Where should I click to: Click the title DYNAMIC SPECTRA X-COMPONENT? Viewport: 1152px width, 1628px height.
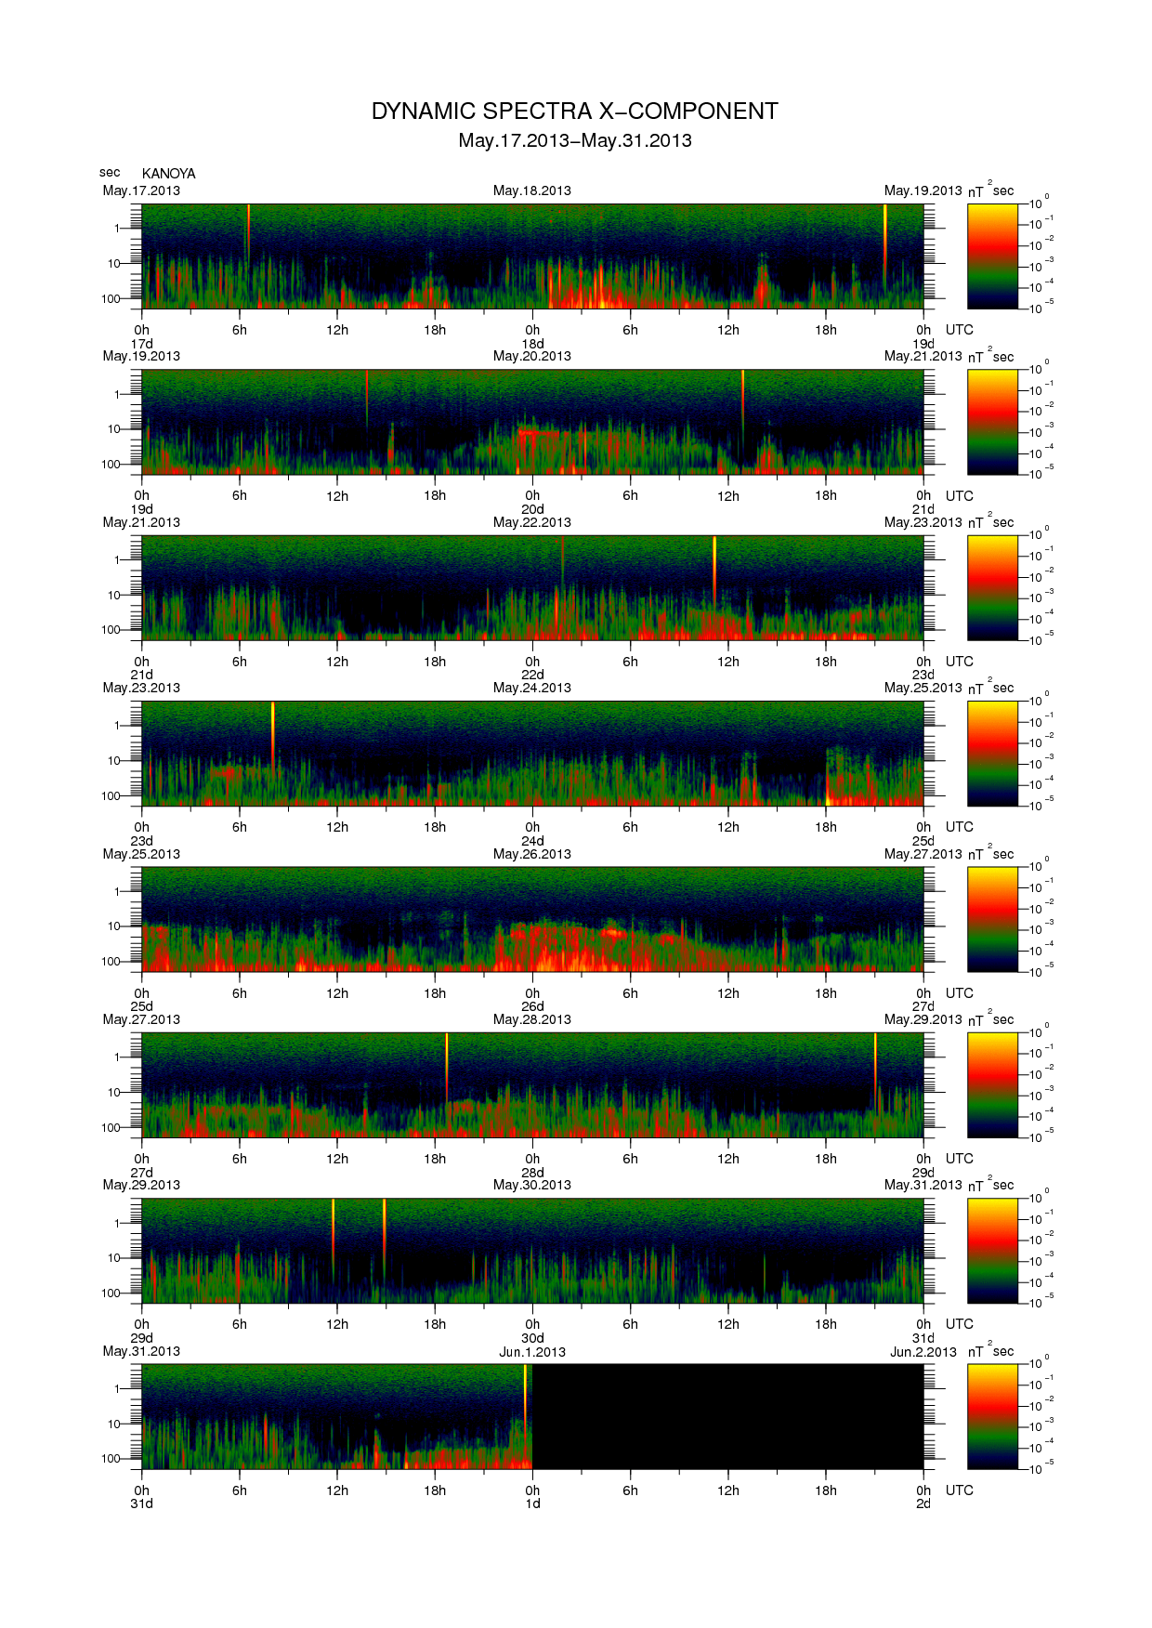574,112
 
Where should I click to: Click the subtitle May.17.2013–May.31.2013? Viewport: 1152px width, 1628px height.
574,140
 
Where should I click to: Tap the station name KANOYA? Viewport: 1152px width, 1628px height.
168,174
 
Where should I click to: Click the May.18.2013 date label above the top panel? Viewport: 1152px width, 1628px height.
531,190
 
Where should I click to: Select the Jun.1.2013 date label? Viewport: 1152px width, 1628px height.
531,1352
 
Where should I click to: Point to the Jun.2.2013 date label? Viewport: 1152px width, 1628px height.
923,1352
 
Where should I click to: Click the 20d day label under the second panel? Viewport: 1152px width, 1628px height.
532,509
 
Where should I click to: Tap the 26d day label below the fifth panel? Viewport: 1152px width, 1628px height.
532,1006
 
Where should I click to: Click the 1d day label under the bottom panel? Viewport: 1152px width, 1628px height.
532,1503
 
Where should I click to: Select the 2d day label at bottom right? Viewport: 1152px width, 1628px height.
923,1503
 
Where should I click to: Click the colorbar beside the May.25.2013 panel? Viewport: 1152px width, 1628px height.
992,919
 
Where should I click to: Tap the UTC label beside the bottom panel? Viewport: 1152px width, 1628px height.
959,1490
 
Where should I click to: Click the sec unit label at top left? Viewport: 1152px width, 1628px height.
110,172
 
